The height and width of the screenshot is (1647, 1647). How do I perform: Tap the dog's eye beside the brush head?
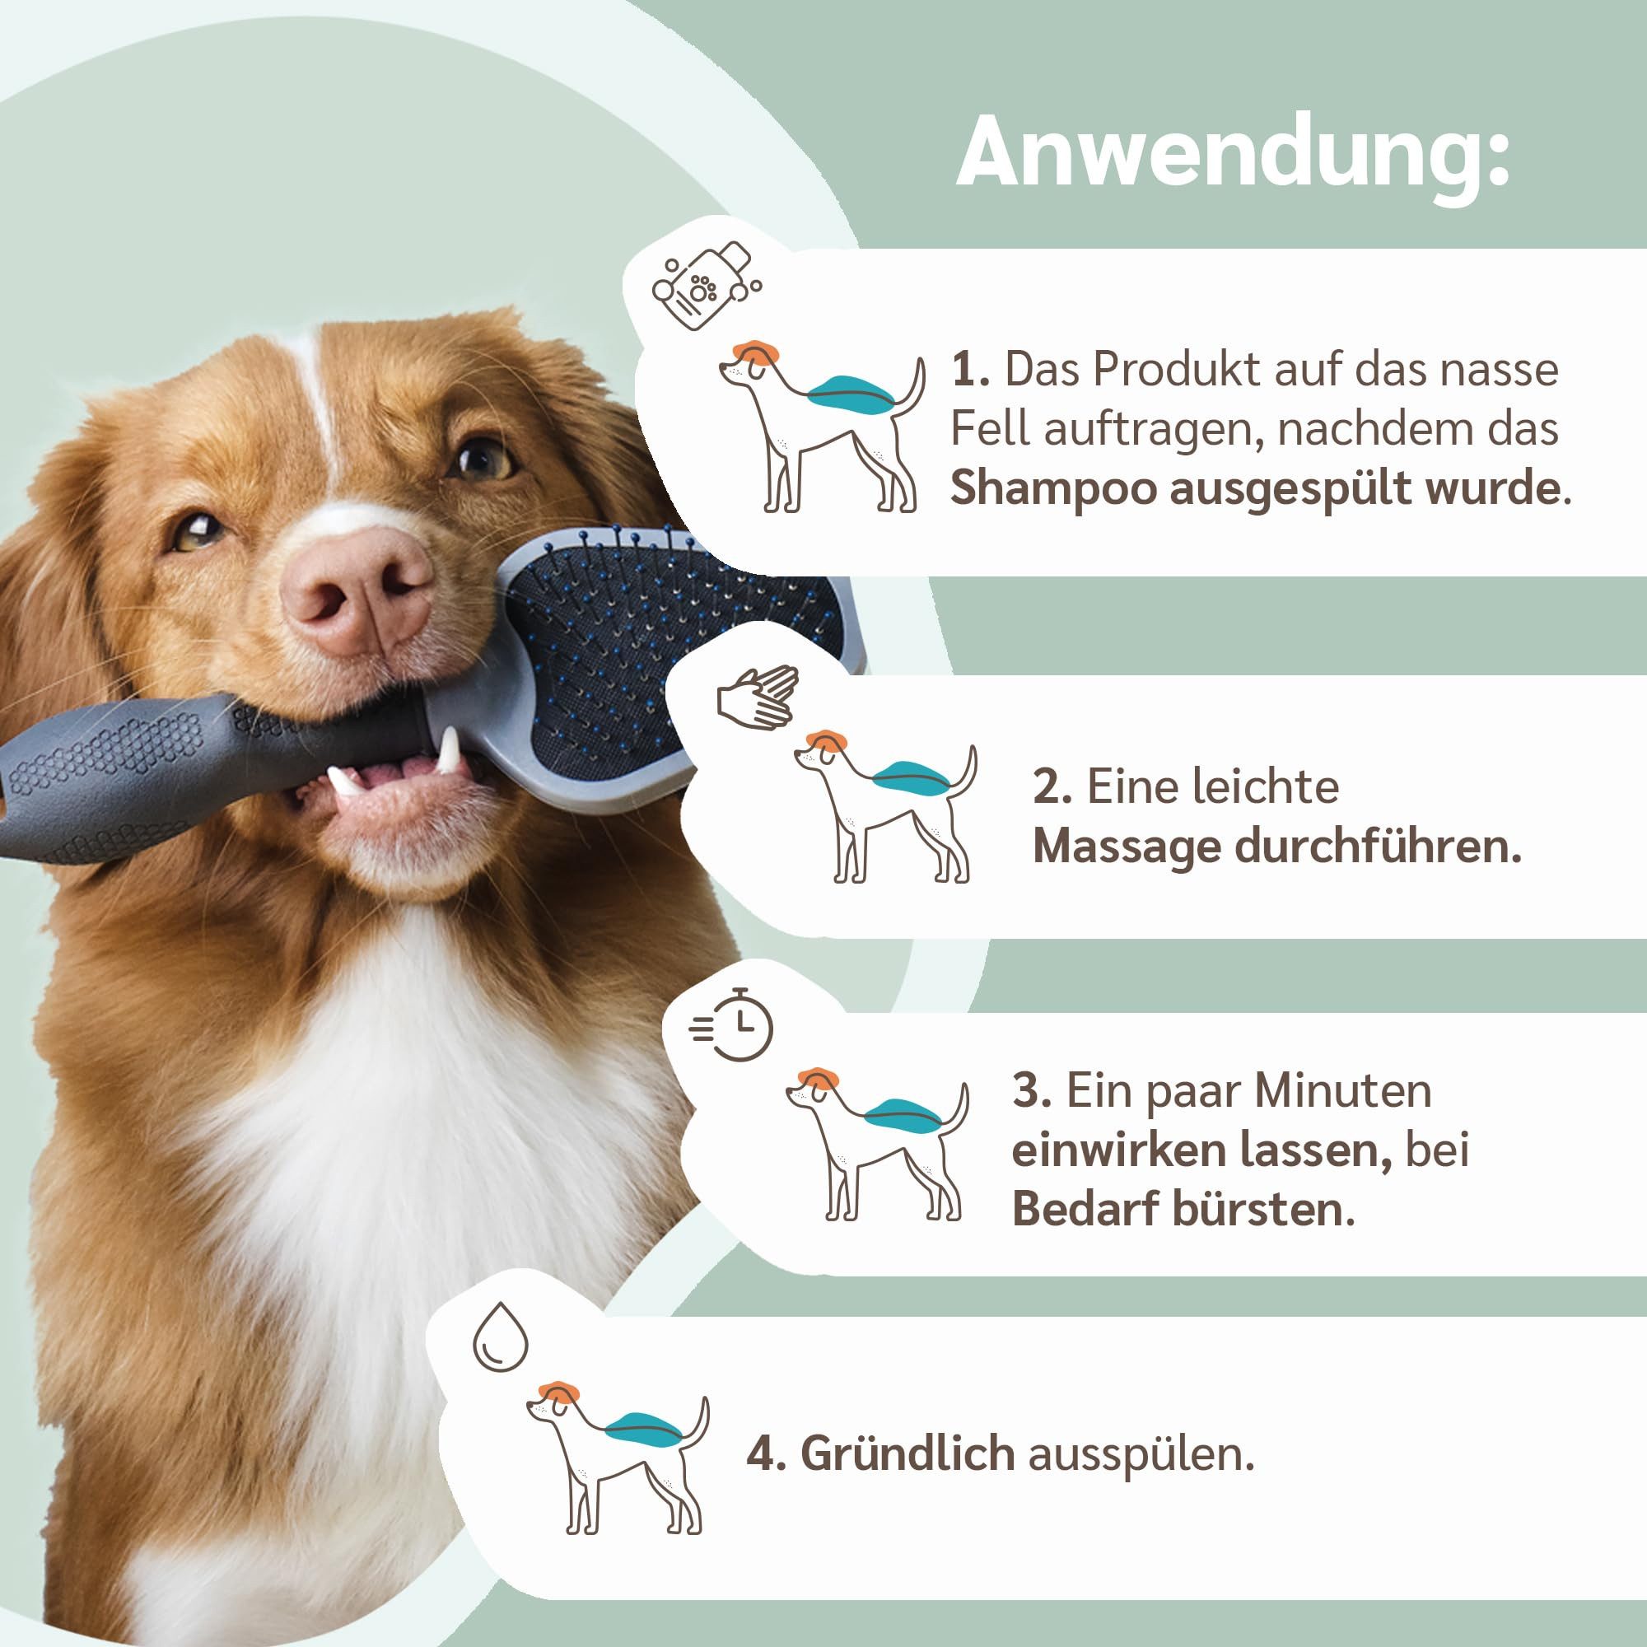[483, 458]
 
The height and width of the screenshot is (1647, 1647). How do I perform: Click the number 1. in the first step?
[970, 370]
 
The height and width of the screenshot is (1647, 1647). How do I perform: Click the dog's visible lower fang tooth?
[450, 748]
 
